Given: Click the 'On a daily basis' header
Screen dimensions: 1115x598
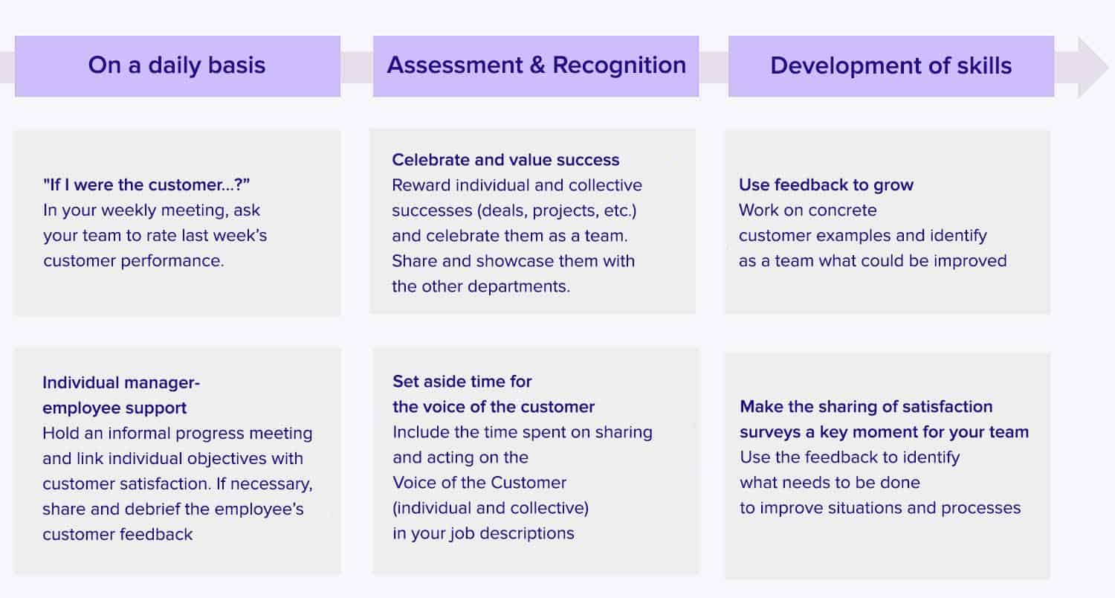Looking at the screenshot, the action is pyautogui.click(x=177, y=65).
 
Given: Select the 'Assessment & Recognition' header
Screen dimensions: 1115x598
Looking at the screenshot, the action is pyautogui.click(x=536, y=65).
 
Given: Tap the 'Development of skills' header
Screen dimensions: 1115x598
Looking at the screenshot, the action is pyautogui.click(x=891, y=65).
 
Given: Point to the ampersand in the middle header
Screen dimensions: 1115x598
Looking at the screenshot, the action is pyautogui.click(x=537, y=65).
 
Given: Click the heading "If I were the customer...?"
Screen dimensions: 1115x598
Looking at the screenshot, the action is pyautogui.click(x=146, y=184).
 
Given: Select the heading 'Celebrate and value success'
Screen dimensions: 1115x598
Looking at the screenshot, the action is pyautogui.click(x=505, y=160).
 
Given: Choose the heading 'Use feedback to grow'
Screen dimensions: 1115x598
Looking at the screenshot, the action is pyautogui.click(x=827, y=184).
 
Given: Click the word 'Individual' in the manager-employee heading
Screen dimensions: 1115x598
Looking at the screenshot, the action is pyautogui.click(x=81, y=382).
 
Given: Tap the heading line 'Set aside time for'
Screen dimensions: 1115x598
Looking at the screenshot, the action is pyautogui.click(x=462, y=382).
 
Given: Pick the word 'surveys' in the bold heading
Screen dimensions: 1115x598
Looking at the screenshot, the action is pyautogui.click(x=770, y=433).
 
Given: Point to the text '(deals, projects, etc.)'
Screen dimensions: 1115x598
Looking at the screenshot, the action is pyautogui.click(x=557, y=210).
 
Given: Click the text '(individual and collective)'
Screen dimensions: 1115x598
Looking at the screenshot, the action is pyautogui.click(x=491, y=509).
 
